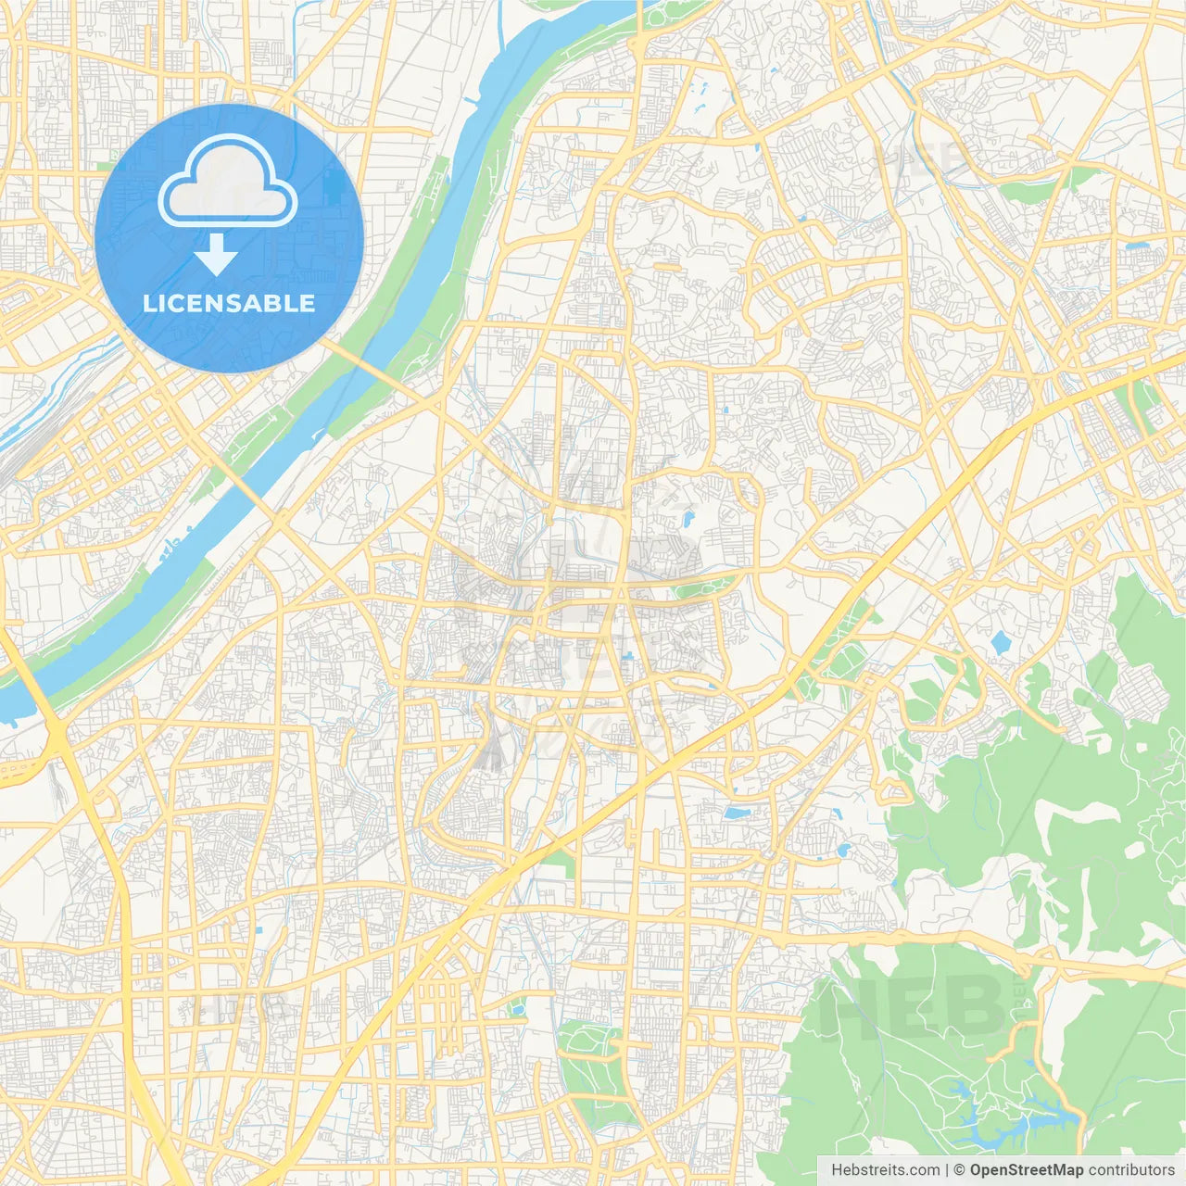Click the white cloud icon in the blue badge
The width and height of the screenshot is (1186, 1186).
pos(228,182)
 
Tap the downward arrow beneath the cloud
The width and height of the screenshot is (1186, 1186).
pos(216,255)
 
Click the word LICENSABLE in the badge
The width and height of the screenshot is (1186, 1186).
pos(229,303)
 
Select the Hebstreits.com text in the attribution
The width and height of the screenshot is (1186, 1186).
pos(885,1170)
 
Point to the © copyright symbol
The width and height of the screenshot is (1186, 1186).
pos(960,1170)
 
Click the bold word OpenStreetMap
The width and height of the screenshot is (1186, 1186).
pos(1026,1170)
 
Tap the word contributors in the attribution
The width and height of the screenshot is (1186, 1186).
pos(1131,1170)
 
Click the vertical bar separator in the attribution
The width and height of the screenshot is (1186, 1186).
pos(947,1170)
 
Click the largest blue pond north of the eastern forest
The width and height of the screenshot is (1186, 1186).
pos(1000,641)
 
